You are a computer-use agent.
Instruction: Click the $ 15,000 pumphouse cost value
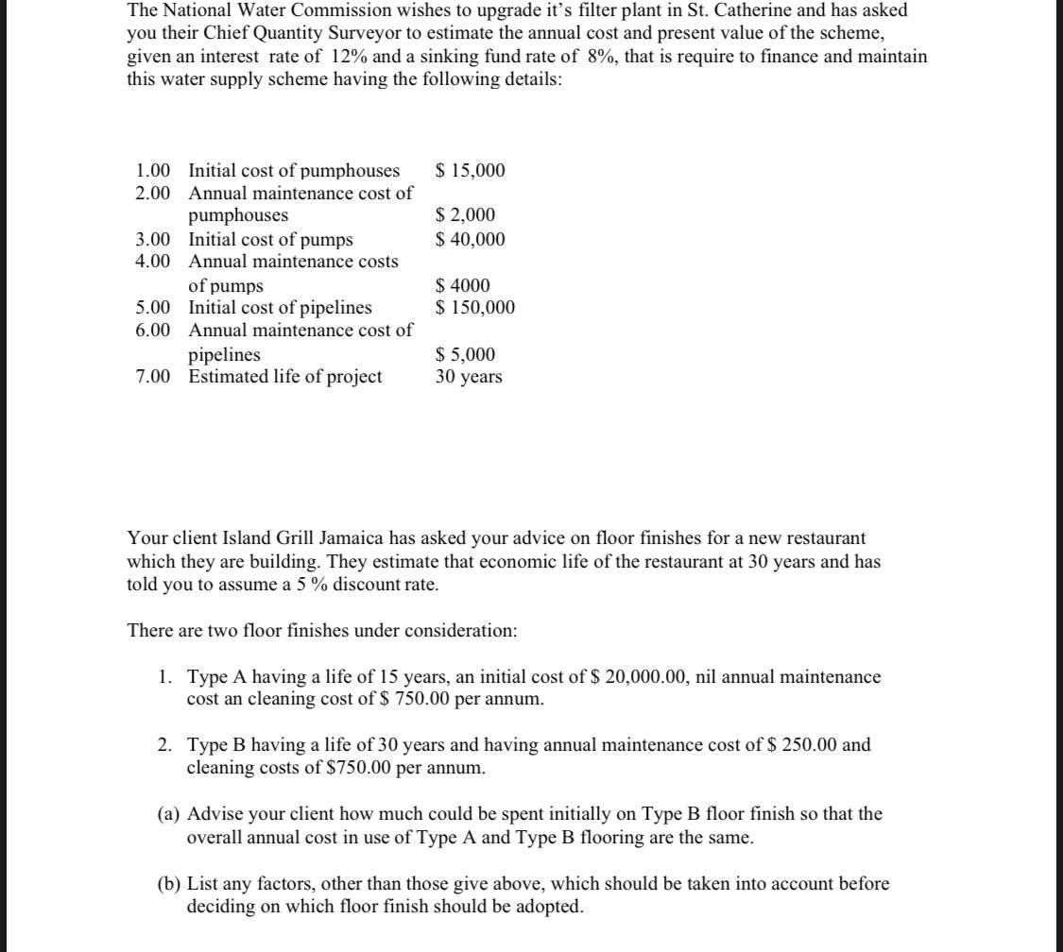tap(470, 171)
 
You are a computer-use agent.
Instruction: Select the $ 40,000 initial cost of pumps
tap(470, 239)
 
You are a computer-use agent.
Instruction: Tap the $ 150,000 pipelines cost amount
tap(474, 308)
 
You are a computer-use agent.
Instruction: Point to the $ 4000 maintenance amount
tap(462, 285)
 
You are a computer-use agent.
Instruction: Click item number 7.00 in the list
tap(153, 377)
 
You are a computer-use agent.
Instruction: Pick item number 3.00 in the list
tap(153, 239)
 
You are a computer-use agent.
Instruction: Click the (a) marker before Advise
tap(169, 814)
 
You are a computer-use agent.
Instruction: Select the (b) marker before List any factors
tap(169, 884)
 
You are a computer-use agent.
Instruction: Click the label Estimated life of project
tap(285, 377)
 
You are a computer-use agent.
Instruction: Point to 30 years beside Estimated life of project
tap(469, 377)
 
